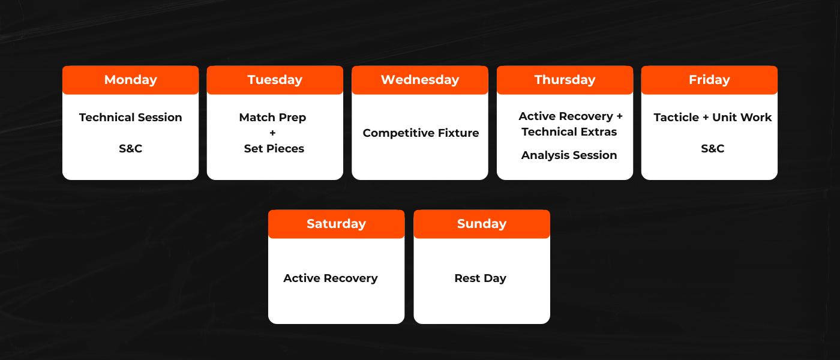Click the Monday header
(x=131, y=80)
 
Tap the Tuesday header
(x=275, y=80)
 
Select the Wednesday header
(x=420, y=80)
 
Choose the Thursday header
(x=565, y=80)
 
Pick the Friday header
(x=709, y=80)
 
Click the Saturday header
(x=337, y=224)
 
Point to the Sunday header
(x=482, y=224)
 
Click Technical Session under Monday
(x=131, y=118)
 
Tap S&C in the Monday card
(x=131, y=149)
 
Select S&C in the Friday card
(x=713, y=149)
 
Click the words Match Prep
(x=272, y=118)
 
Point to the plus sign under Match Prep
(x=272, y=133)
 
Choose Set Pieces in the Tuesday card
(x=274, y=149)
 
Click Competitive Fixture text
(x=421, y=133)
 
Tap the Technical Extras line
(x=569, y=132)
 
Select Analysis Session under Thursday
(x=569, y=155)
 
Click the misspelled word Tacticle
(x=676, y=118)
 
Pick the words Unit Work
(x=742, y=118)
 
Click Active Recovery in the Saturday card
(x=331, y=278)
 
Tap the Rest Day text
(x=481, y=278)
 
